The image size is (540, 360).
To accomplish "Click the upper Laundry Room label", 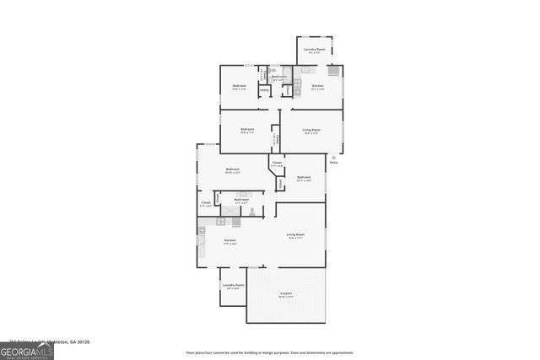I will click(316, 49).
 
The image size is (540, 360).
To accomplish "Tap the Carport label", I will click(287, 293).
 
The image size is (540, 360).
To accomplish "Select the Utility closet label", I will click(264, 90).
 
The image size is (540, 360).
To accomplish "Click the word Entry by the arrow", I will click(333, 162).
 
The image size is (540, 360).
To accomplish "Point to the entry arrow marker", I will click(335, 156).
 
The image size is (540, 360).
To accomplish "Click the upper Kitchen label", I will click(317, 86).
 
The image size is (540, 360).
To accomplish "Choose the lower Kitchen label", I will click(229, 241).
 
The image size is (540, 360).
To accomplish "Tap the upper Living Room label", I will click(311, 130).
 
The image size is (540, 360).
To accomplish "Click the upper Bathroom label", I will click(279, 77).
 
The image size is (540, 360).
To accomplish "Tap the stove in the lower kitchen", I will click(220, 221).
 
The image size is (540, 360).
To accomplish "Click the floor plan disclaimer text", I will click(270, 352).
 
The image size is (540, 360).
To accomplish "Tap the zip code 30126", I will click(83, 341).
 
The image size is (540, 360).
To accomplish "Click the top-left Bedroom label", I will click(239, 86).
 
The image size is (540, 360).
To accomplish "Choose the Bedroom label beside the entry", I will click(305, 177).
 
